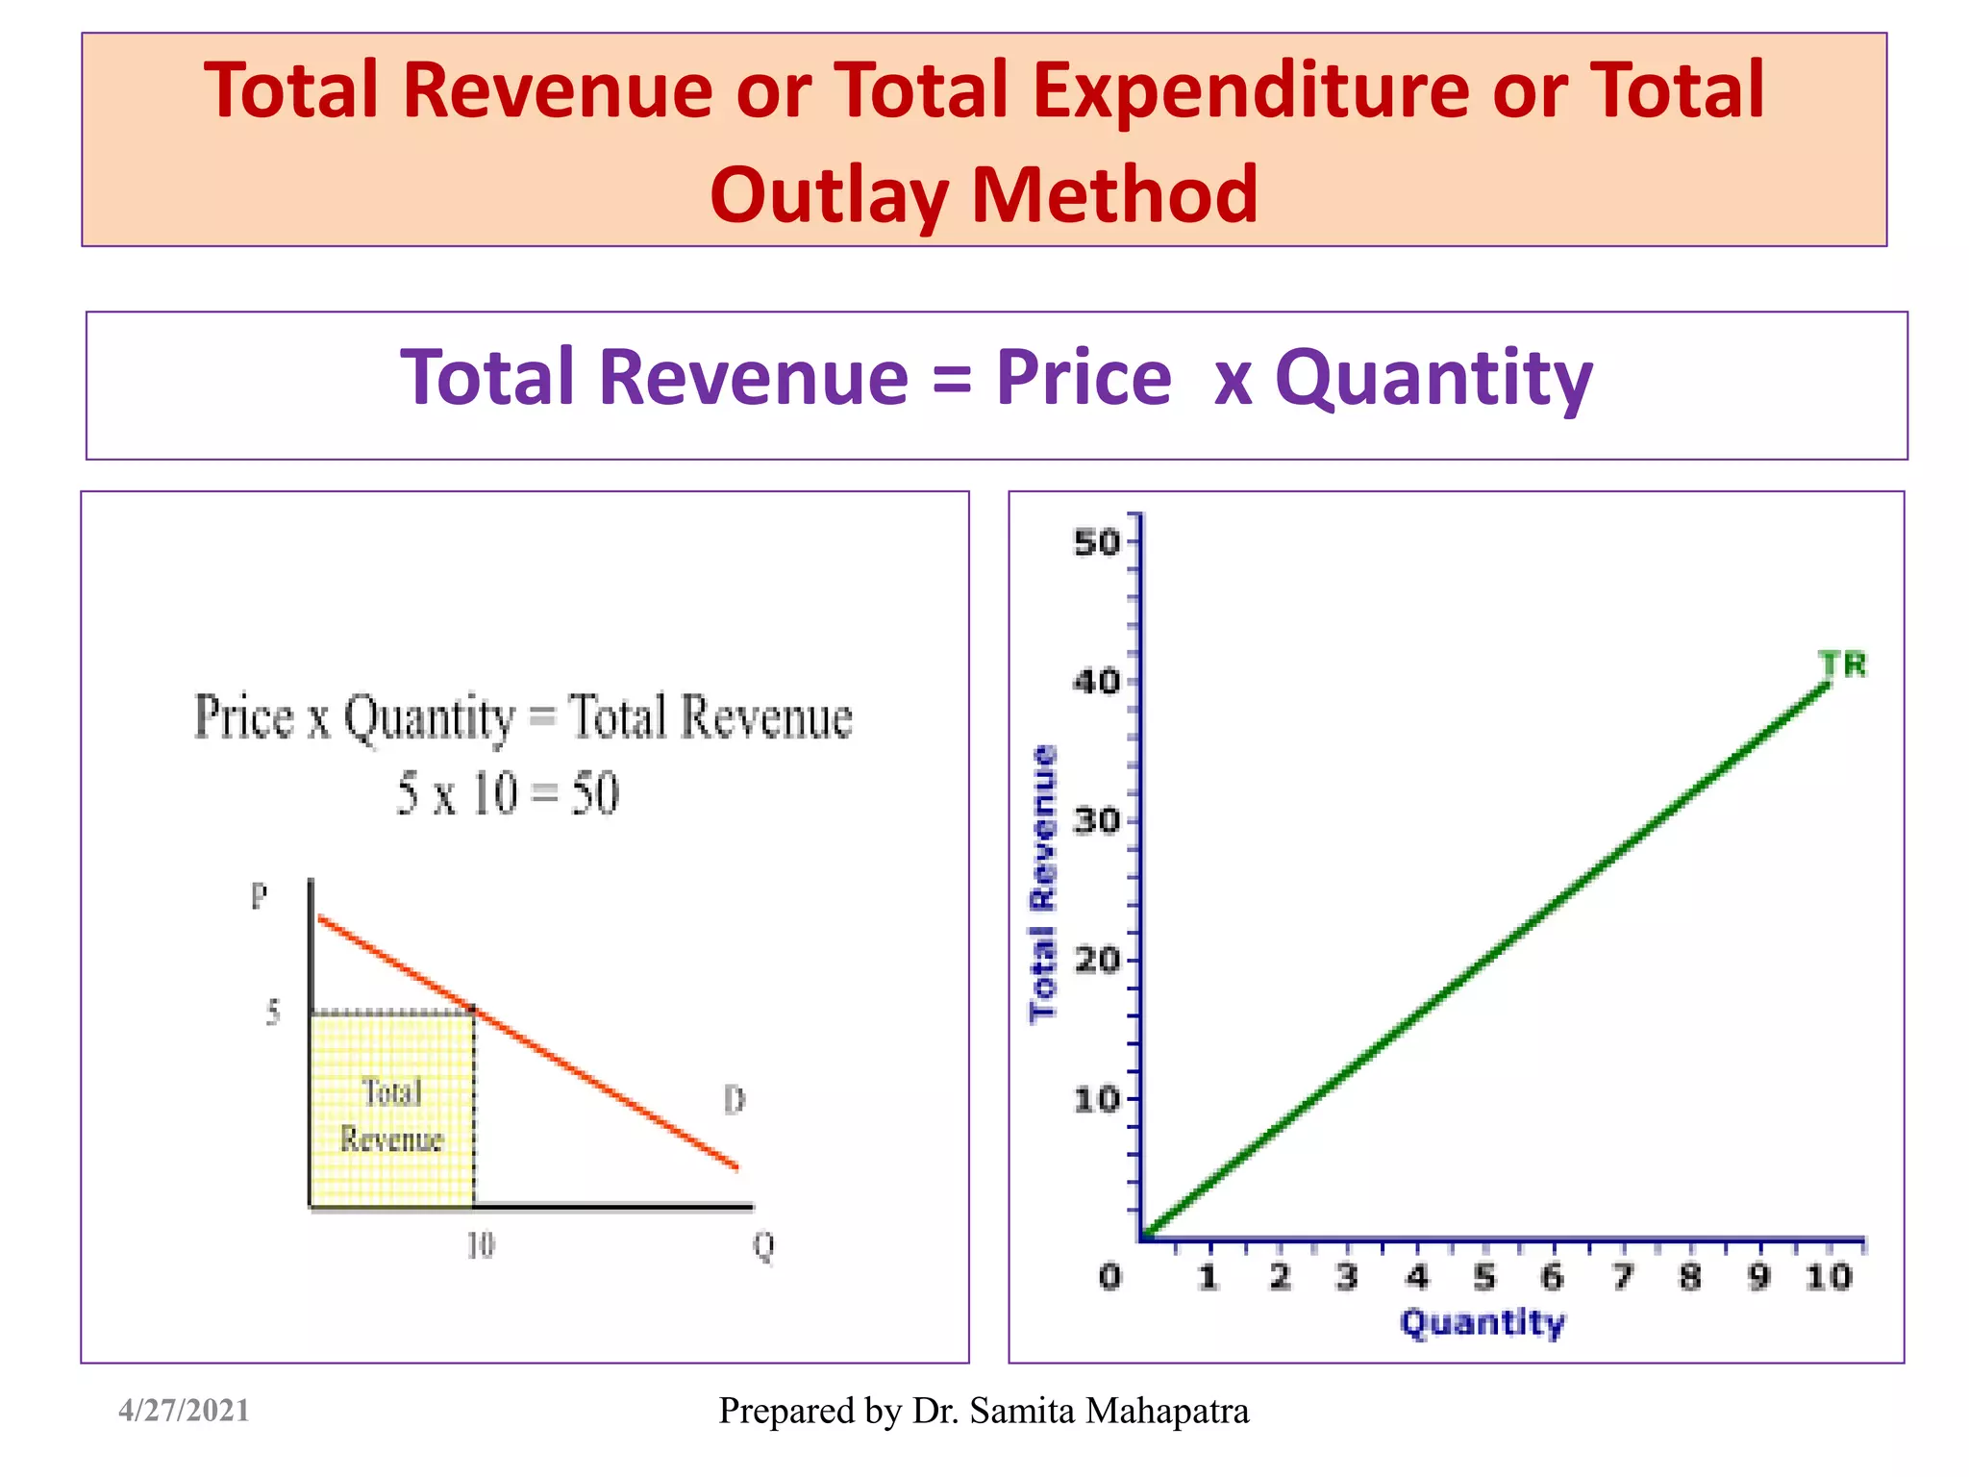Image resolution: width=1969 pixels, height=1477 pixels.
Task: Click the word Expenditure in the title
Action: coord(1251,91)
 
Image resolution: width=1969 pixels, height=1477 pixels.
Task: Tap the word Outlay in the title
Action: coord(829,195)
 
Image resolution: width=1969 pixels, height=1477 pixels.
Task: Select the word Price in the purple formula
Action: coord(1084,377)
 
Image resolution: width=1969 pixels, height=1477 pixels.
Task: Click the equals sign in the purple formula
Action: coord(952,379)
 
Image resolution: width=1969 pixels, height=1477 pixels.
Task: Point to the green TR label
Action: coord(1842,664)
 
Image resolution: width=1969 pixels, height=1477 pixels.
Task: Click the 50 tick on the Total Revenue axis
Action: coord(1098,542)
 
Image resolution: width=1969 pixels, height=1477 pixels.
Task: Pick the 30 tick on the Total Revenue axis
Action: coord(1098,821)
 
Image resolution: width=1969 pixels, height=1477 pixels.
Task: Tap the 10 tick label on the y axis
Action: coord(1098,1099)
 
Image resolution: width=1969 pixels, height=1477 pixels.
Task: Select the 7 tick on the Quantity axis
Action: coord(1623,1277)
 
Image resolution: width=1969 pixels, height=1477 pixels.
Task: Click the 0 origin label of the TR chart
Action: coord(1110,1277)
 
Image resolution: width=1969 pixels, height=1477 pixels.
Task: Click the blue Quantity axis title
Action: coord(1482,1323)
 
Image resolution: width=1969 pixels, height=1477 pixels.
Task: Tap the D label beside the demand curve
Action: coord(735,1099)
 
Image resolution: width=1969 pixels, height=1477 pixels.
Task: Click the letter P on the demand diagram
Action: coord(259,896)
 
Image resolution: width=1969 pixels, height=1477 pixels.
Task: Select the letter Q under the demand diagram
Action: coord(763,1247)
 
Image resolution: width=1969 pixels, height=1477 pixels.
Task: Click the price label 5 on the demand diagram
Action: coord(273,1012)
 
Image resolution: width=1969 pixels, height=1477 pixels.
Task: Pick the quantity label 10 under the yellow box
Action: coord(480,1246)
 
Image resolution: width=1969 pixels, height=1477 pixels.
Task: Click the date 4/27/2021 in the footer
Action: coord(184,1411)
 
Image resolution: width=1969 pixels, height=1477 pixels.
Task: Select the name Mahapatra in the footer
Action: coord(1167,1411)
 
